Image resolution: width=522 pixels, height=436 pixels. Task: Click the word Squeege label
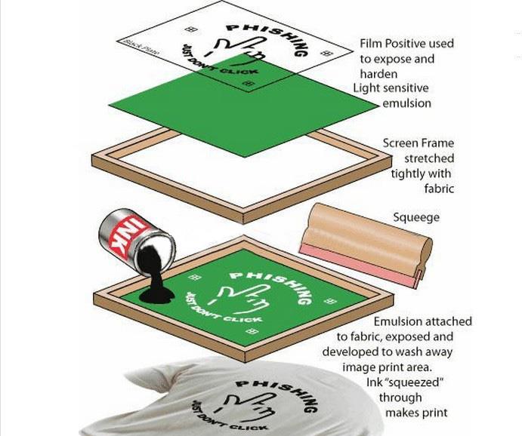[416, 218]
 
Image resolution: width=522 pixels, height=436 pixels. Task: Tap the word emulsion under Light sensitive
[406, 103]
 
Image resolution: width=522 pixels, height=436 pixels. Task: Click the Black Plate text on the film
[141, 48]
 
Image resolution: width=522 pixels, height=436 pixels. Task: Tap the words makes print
[416, 413]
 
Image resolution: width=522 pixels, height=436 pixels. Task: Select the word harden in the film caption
[378, 73]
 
